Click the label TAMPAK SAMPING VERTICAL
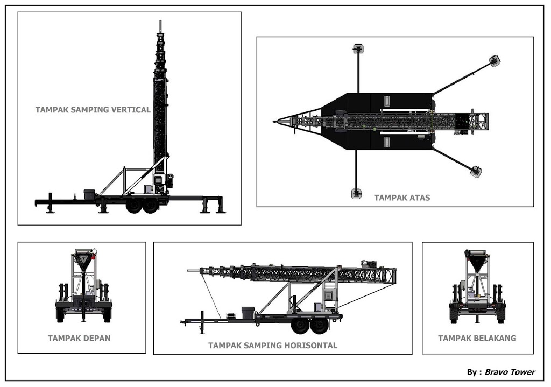(93, 110)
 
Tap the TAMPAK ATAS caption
(402, 198)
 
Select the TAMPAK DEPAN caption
(79, 339)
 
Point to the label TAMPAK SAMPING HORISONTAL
(273, 346)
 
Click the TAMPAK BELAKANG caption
(477, 339)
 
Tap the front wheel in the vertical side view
(133, 205)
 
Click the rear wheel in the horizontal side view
(320, 326)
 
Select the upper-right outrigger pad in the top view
(495, 60)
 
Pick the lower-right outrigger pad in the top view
(476, 172)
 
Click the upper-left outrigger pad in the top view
(357, 50)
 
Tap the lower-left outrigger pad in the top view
(356, 194)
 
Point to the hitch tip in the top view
(275, 122)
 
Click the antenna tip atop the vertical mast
(160, 23)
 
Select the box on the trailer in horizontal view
(248, 312)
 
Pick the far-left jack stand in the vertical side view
(50, 203)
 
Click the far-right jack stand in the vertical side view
(220, 205)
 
